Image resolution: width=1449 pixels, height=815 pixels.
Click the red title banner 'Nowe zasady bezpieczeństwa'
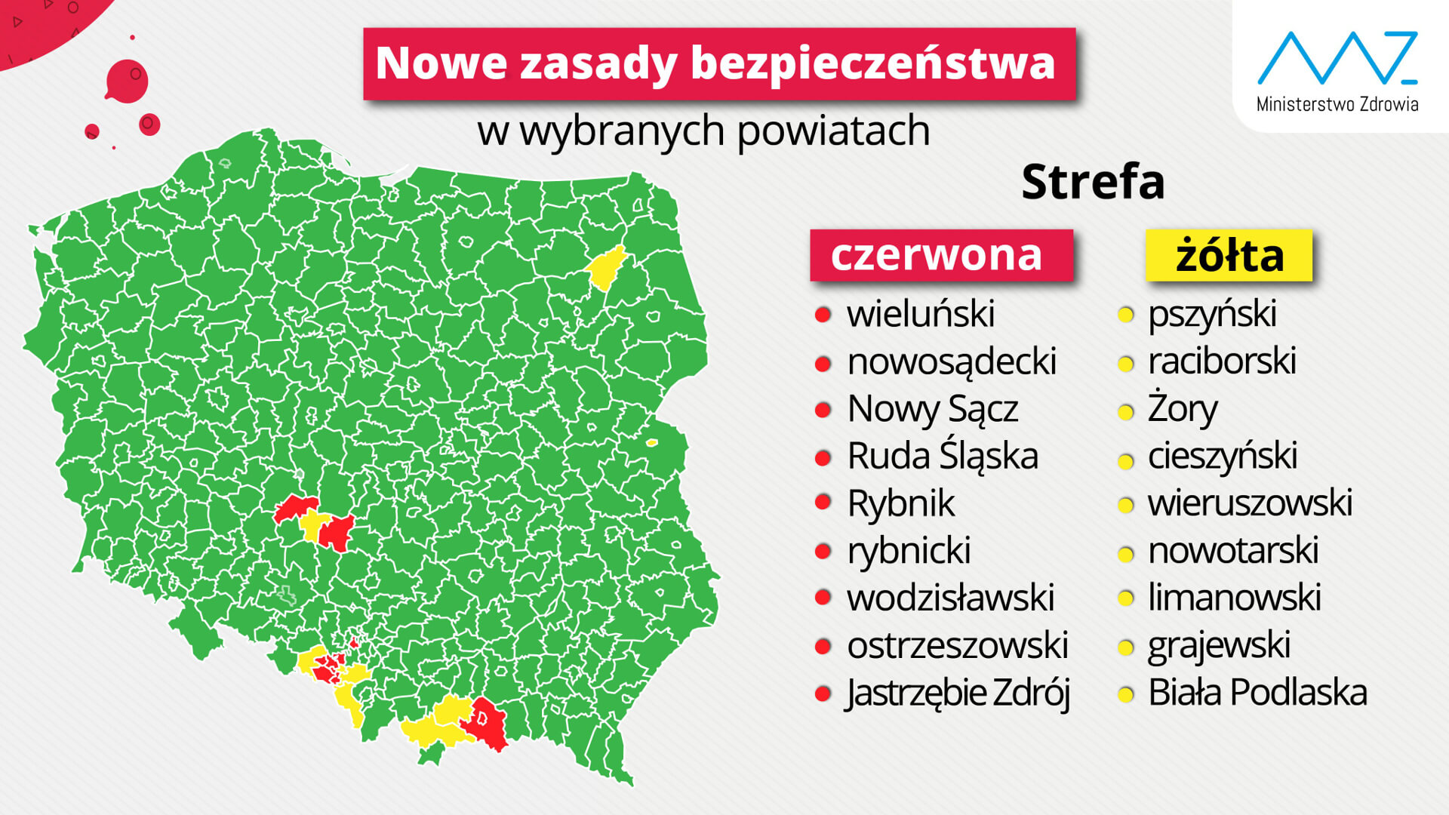(718, 63)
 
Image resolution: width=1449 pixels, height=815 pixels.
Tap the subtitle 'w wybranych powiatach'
(703, 131)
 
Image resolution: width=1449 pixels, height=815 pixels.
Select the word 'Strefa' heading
(1092, 182)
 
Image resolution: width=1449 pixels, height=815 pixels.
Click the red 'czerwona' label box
(940, 255)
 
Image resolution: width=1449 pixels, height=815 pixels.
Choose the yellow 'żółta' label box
(1229, 255)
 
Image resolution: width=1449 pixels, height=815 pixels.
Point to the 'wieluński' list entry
(920, 314)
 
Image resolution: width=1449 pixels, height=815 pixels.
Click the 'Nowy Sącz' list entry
(932, 409)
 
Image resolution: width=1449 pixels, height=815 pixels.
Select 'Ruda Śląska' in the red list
(942, 457)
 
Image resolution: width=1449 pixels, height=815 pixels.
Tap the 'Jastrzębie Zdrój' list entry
(957, 693)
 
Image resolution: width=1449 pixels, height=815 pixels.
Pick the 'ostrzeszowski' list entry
(957, 645)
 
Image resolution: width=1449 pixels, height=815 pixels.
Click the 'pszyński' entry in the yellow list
(1211, 314)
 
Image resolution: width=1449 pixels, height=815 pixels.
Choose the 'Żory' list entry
(1182, 409)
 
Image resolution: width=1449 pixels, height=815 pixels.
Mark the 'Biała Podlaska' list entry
(1257, 693)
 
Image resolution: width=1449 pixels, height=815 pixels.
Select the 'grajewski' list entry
(1218, 645)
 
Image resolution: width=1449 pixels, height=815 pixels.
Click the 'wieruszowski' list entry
(1250, 503)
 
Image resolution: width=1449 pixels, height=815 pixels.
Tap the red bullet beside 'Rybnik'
(823, 503)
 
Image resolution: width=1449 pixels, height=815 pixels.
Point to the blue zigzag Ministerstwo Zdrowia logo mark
(1337, 58)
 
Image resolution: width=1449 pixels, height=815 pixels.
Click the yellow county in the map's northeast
(605, 267)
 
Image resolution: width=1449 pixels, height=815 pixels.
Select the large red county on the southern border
(486, 723)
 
